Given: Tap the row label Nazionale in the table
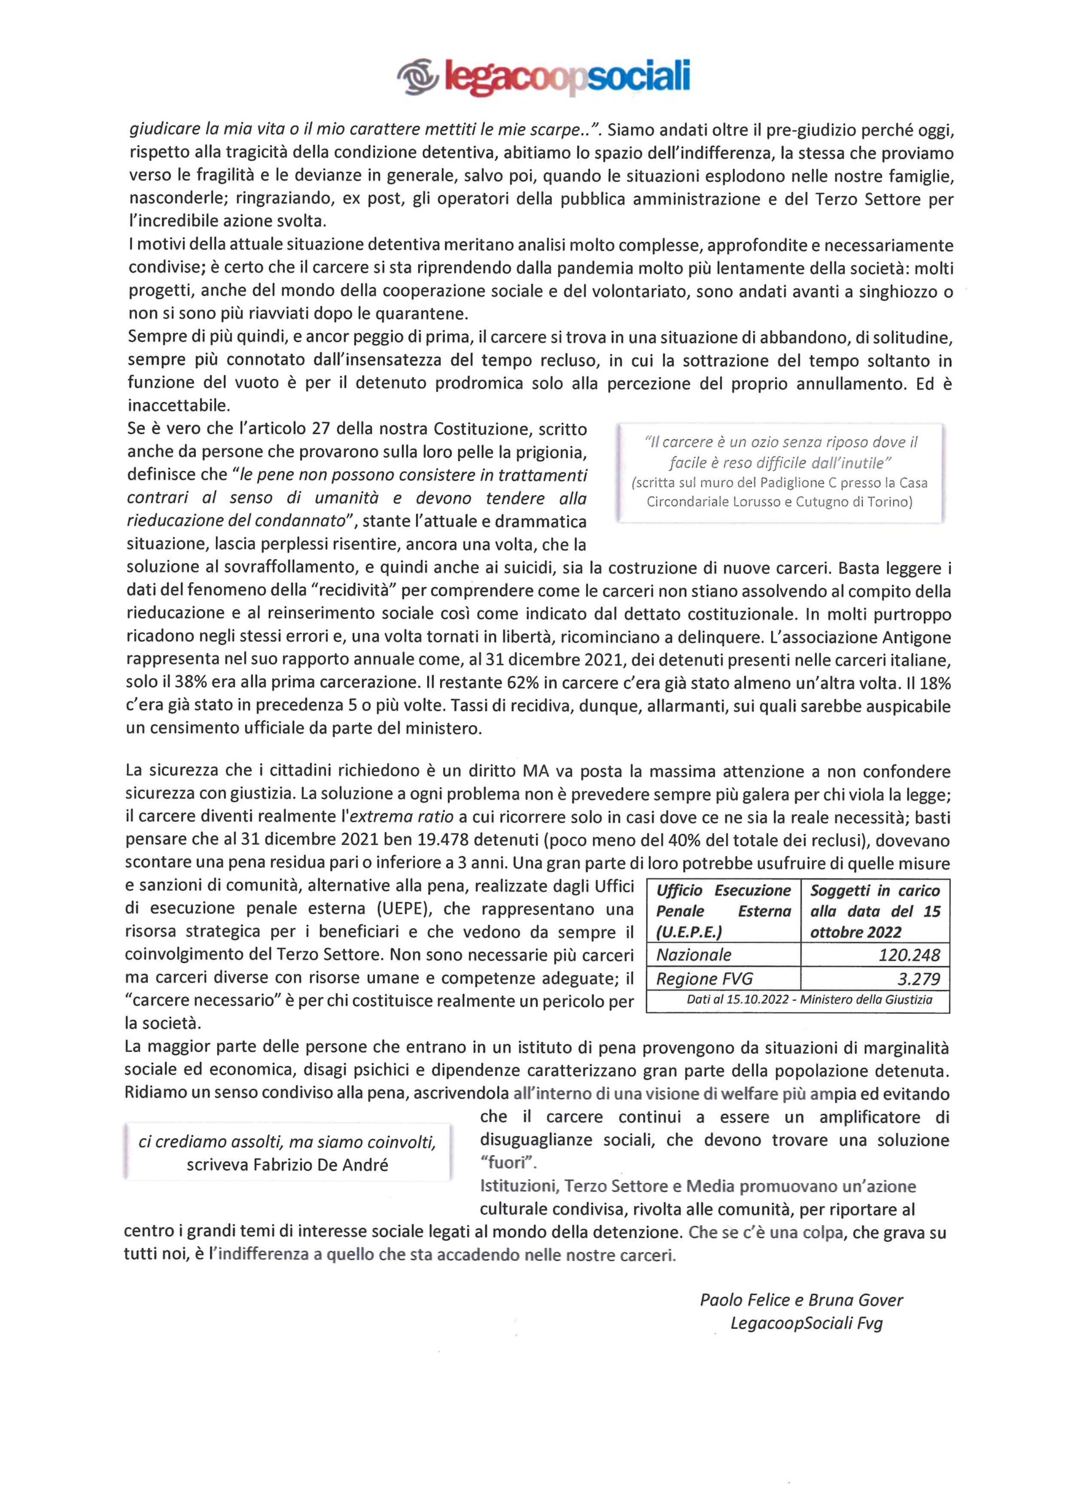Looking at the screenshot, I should [694, 955].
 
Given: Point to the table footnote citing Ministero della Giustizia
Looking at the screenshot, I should [809, 1000].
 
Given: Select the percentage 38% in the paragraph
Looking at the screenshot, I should [190, 683].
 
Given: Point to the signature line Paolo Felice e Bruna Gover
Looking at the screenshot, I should [801, 1300].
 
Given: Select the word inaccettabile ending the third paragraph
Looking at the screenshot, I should [178, 406].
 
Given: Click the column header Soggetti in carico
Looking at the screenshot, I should [875, 891].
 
